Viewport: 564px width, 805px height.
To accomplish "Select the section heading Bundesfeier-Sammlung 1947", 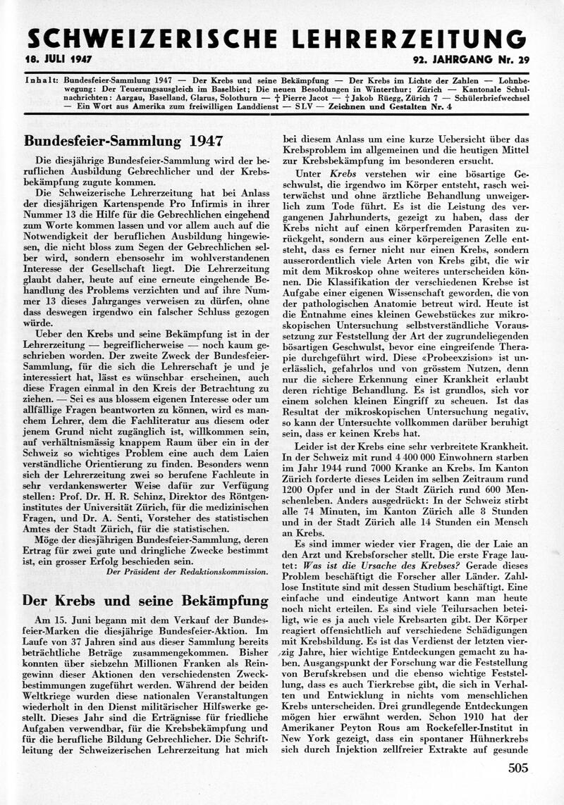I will point(123,140).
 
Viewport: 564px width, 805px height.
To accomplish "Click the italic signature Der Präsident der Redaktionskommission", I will point(186,572).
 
